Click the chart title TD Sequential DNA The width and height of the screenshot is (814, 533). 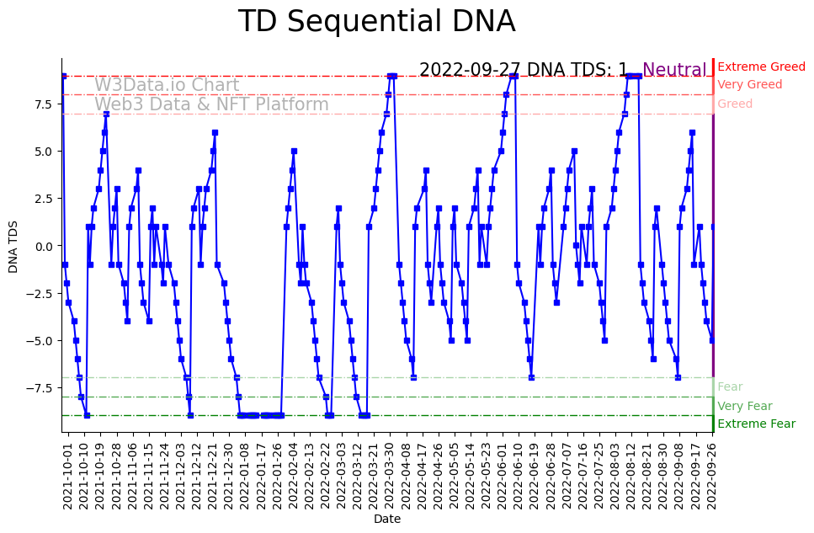click(376, 22)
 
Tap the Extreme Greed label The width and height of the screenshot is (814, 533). click(761, 67)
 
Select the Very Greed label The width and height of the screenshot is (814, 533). click(749, 85)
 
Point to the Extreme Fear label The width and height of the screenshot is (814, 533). click(756, 424)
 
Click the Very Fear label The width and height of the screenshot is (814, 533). click(744, 406)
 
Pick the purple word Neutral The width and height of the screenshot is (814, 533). click(674, 70)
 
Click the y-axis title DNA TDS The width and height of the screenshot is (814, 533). click(13, 246)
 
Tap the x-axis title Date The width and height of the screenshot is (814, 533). click(387, 520)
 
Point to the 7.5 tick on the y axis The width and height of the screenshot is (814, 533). click(43, 104)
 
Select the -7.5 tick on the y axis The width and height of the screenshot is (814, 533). click(40, 387)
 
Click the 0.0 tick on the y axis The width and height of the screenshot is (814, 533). click(43, 246)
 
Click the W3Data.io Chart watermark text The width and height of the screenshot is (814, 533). click(167, 85)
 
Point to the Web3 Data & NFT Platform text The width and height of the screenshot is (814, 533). click(211, 104)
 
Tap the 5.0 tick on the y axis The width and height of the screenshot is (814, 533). click(43, 152)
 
